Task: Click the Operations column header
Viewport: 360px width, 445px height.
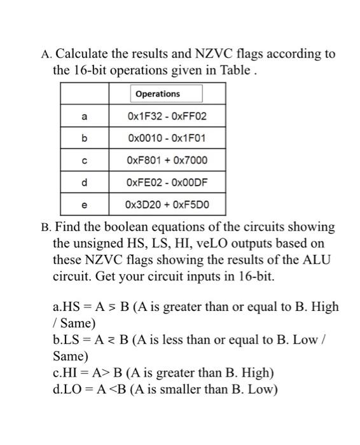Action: click(x=158, y=94)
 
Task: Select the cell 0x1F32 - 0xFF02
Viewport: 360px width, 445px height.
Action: click(x=167, y=117)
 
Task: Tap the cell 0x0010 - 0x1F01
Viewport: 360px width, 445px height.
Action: click(x=167, y=139)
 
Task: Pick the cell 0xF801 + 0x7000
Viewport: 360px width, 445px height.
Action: click(x=167, y=161)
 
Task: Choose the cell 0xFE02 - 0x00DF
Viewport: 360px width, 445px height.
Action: click(x=167, y=183)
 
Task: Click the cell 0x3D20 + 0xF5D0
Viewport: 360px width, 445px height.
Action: click(x=167, y=205)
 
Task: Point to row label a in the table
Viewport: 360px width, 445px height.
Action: click(x=85, y=117)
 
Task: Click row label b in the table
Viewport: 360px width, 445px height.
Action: click(x=85, y=139)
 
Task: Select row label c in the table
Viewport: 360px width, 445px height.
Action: click(x=85, y=161)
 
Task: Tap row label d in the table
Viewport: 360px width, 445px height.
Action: click(x=85, y=183)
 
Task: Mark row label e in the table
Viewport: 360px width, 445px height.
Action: click(x=85, y=205)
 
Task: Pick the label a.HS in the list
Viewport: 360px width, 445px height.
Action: click(x=66, y=307)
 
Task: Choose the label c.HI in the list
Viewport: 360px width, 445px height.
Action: click(x=66, y=373)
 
